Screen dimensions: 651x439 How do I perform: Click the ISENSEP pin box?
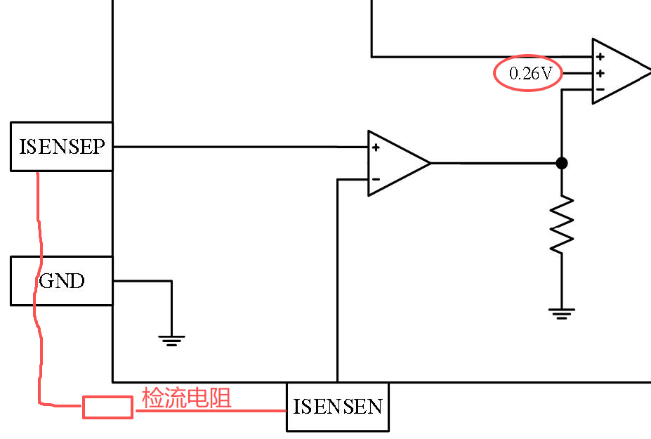click(x=61, y=147)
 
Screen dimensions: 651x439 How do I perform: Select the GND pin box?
click(x=61, y=281)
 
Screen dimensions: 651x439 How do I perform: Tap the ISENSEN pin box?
click(x=338, y=407)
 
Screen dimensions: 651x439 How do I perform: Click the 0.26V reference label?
click(x=530, y=74)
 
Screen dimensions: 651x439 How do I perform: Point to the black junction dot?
click(x=562, y=163)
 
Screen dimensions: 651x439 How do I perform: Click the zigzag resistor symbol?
click(x=562, y=224)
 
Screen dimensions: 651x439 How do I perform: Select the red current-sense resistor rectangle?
click(x=107, y=407)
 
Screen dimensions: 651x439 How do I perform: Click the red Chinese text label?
click(x=186, y=398)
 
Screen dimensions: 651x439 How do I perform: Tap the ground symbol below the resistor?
click(x=562, y=313)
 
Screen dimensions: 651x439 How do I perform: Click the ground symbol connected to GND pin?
click(x=171, y=341)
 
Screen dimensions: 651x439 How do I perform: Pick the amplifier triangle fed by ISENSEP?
click(x=399, y=163)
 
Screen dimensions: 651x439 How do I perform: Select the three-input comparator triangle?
click(x=621, y=72)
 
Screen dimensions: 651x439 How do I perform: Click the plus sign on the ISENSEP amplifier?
click(x=376, y=148)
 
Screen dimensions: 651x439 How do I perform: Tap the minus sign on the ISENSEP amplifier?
click(x=376, y=179)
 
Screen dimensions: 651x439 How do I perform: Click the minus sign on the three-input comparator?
click(x=600, y=89)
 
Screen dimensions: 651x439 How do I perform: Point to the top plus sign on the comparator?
click(x=600, y=56)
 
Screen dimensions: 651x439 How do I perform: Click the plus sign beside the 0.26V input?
click(x=600, y=74)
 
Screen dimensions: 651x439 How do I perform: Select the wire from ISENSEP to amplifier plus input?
click(x=240, y=147)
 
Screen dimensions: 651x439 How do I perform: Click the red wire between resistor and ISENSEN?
click(x=211, y=411)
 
